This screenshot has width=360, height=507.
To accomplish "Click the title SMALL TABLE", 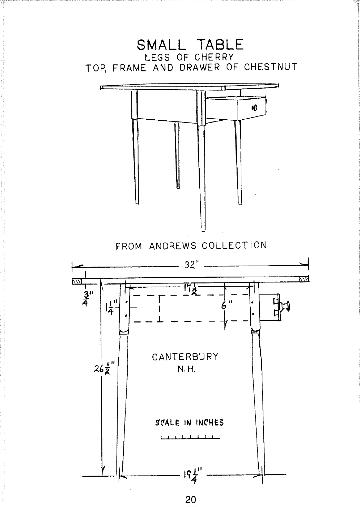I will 190,45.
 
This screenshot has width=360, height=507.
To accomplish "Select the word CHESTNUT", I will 271,67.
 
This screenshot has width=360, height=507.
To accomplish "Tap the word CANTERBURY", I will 185,357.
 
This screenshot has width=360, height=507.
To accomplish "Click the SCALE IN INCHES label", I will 189,423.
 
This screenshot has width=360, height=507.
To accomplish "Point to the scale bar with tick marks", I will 190,438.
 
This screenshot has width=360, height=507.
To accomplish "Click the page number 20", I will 190,499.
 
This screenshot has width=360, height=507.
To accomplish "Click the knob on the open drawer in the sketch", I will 254,108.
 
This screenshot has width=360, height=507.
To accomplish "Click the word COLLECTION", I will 234,246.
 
